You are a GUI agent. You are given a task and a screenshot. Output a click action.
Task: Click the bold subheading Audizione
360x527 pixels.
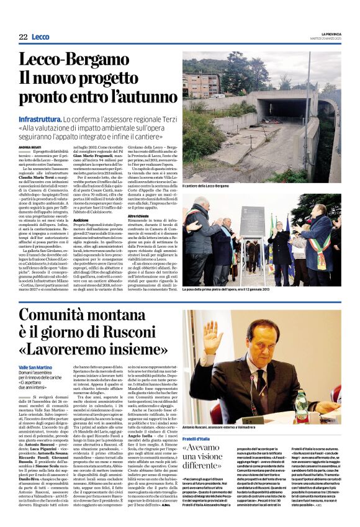coord(81,220)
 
